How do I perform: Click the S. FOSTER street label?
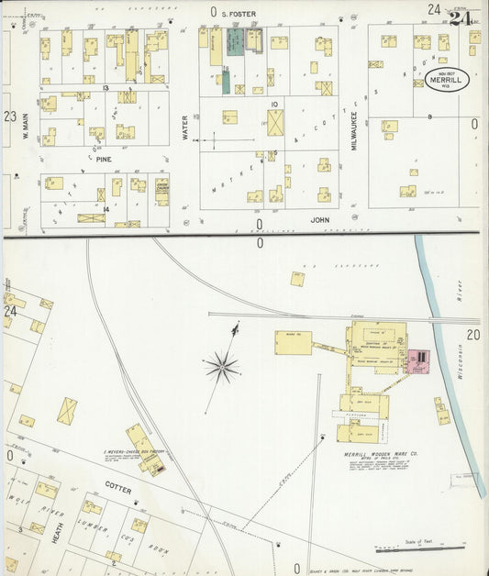click(239, 13)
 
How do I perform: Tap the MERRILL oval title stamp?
click(447, 80)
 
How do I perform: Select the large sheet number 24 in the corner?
click(461, 16)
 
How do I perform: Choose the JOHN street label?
click(318, 220)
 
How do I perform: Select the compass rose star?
click(221, 368)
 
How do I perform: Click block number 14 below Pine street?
click(106, 209)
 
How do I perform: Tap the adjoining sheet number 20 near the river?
click(472, 335)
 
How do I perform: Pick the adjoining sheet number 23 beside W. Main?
click(9, 116)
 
